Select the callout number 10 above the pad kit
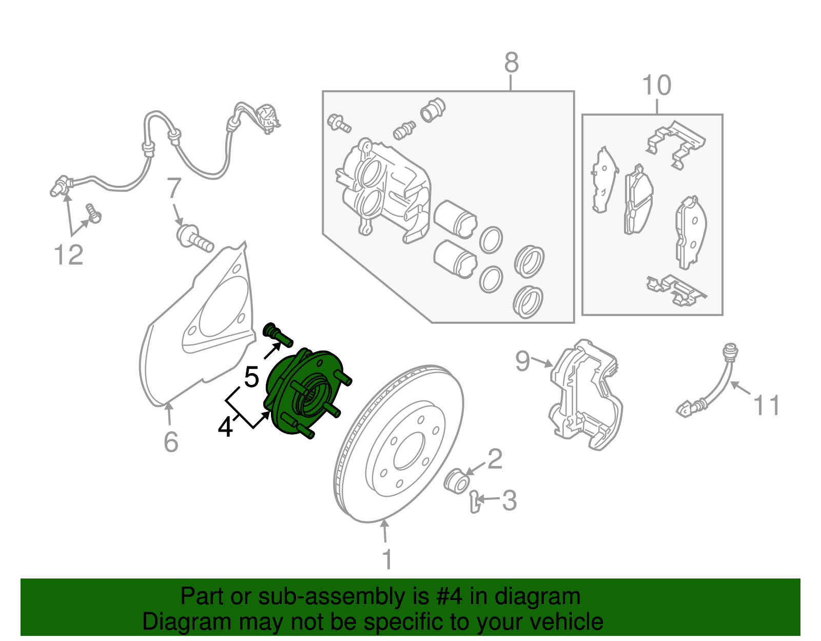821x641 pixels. (x=657, y=85)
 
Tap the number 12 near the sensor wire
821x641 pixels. (x=69, y=255)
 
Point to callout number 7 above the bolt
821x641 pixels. (x=174, y=188)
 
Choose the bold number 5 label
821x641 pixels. (x=251, y=377)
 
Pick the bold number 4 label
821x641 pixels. (x=226, y=428)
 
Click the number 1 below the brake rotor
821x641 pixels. (x=387, y=559)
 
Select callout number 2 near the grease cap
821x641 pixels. (x=495, y=459)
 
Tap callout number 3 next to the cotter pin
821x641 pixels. (x=509, y=500)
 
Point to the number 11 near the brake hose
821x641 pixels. (x=766, y=405)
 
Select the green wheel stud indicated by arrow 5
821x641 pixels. (x=278, y=335)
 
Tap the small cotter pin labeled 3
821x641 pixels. (x=475, y=501)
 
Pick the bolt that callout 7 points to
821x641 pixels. (x=194, y=239)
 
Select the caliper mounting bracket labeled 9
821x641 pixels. (x=585, y=394)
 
